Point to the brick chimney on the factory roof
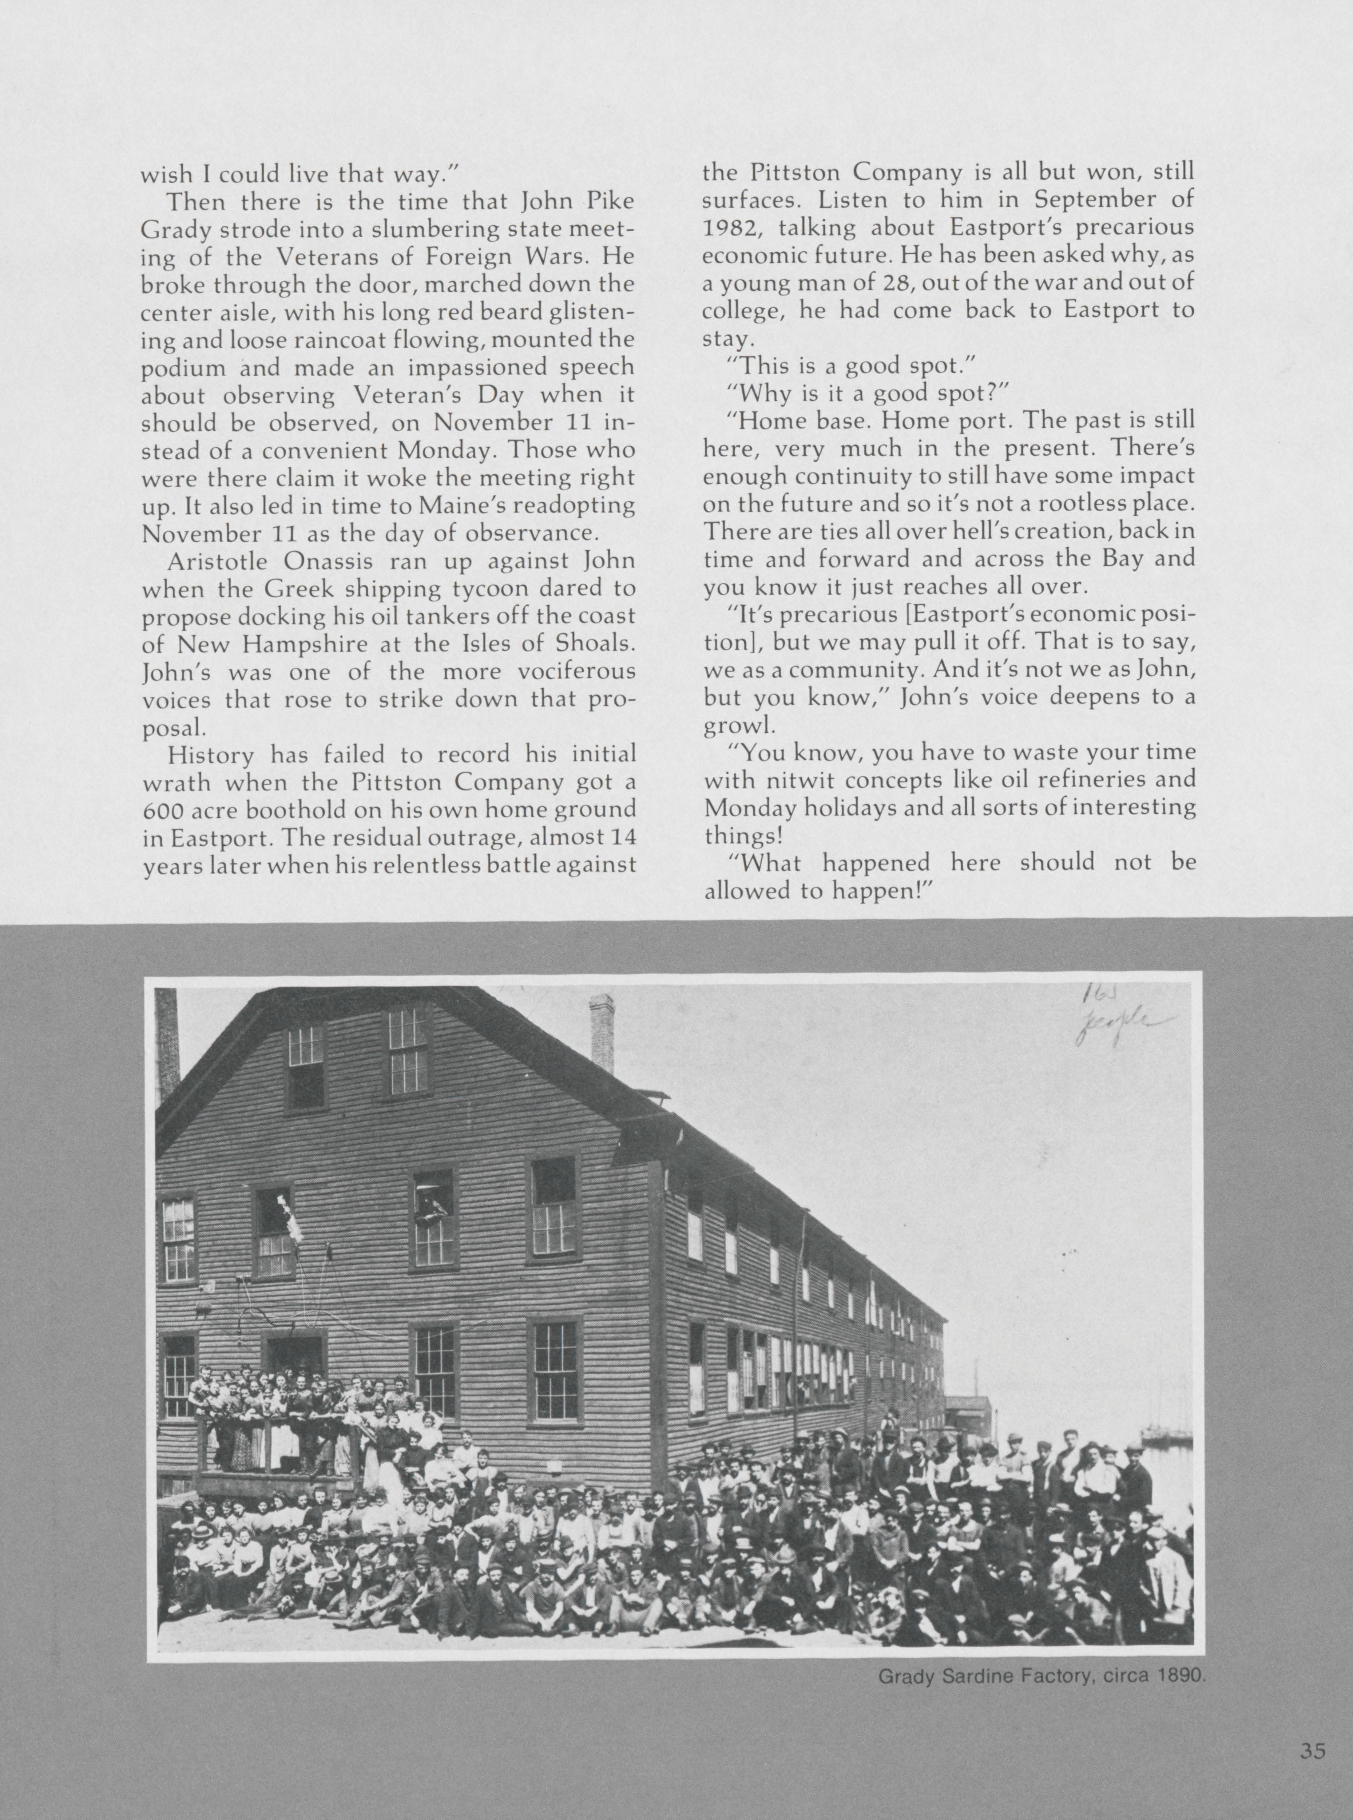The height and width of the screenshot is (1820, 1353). [602, 1034]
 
